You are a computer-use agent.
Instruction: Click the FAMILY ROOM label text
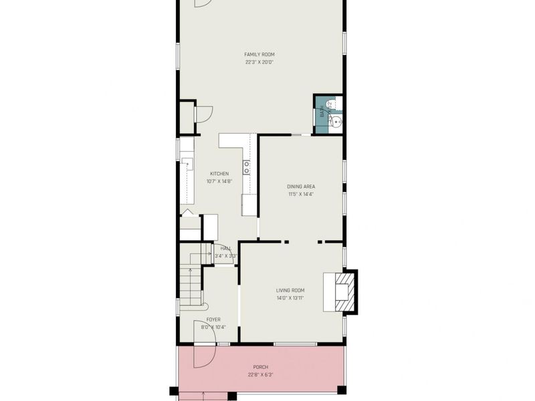[x=259, y=55]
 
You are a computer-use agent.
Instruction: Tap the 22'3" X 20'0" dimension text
[x=259, y=62]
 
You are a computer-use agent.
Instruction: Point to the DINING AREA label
[x=301, y=186]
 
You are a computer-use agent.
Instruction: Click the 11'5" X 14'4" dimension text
[x=301, y=194]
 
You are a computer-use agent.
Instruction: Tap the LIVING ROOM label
[x=290, y=290]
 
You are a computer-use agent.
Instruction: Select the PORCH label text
[x=260, y=367]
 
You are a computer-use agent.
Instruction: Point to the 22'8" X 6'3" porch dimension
[x=260, y=375]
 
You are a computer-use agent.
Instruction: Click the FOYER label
[x=213, y=319]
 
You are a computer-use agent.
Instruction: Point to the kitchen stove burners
[x=247, y=167]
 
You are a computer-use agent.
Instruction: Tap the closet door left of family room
[x=202, y=114]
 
